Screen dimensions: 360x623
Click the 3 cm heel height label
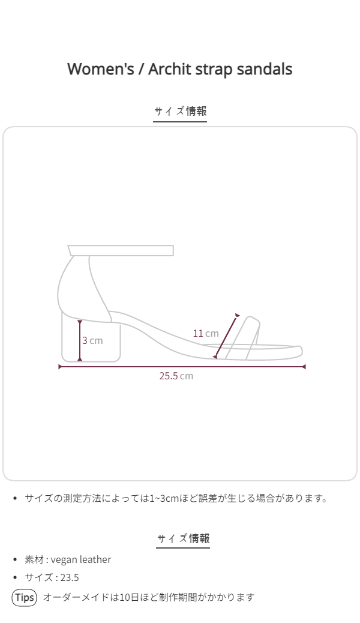tap(92, 340)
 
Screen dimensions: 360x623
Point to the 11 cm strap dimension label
tap(206, 333)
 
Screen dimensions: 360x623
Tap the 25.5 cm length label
tap(176, 376)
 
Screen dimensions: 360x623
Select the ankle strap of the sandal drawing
tap(121, 251)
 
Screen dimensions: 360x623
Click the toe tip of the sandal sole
tap(302, 352)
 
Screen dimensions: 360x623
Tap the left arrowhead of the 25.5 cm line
tap(59, 367)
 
